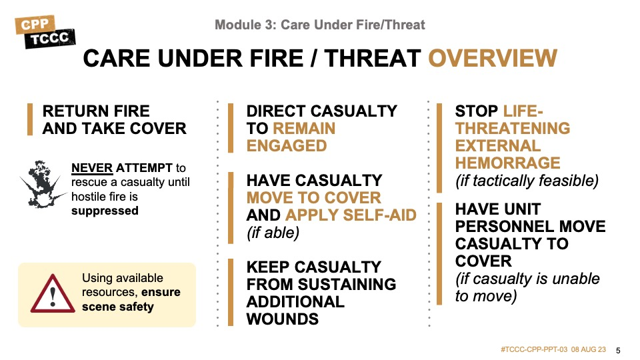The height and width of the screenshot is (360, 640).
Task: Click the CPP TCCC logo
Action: point(45,32)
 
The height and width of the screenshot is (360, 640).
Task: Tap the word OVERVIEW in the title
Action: point(493,58)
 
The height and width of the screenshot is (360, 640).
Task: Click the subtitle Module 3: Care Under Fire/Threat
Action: point(319,25)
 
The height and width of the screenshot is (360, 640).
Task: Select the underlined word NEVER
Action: point(92,168)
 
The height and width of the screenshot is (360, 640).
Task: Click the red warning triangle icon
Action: point(53,293)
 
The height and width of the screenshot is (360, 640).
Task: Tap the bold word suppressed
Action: point(105,211)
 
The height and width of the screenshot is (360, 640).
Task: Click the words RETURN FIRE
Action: point(96,111)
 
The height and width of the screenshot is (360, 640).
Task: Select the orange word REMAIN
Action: point(304,129)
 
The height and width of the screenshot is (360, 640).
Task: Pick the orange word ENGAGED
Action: point(287,146)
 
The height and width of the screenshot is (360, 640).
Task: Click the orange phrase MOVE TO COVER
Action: point(313,198)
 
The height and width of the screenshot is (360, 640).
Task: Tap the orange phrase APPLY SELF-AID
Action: point(351,215)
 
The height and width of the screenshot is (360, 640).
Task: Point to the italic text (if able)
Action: point(273,233)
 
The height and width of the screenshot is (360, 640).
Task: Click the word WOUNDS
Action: point(283,319)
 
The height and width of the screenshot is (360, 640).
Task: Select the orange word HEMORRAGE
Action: point(507,163)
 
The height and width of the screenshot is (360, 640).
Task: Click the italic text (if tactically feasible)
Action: point(527,181)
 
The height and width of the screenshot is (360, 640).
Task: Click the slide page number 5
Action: point(618,351)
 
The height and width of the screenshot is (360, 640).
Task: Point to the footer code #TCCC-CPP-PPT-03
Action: point(534,350)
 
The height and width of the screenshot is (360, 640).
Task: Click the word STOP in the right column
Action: point(476,111)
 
